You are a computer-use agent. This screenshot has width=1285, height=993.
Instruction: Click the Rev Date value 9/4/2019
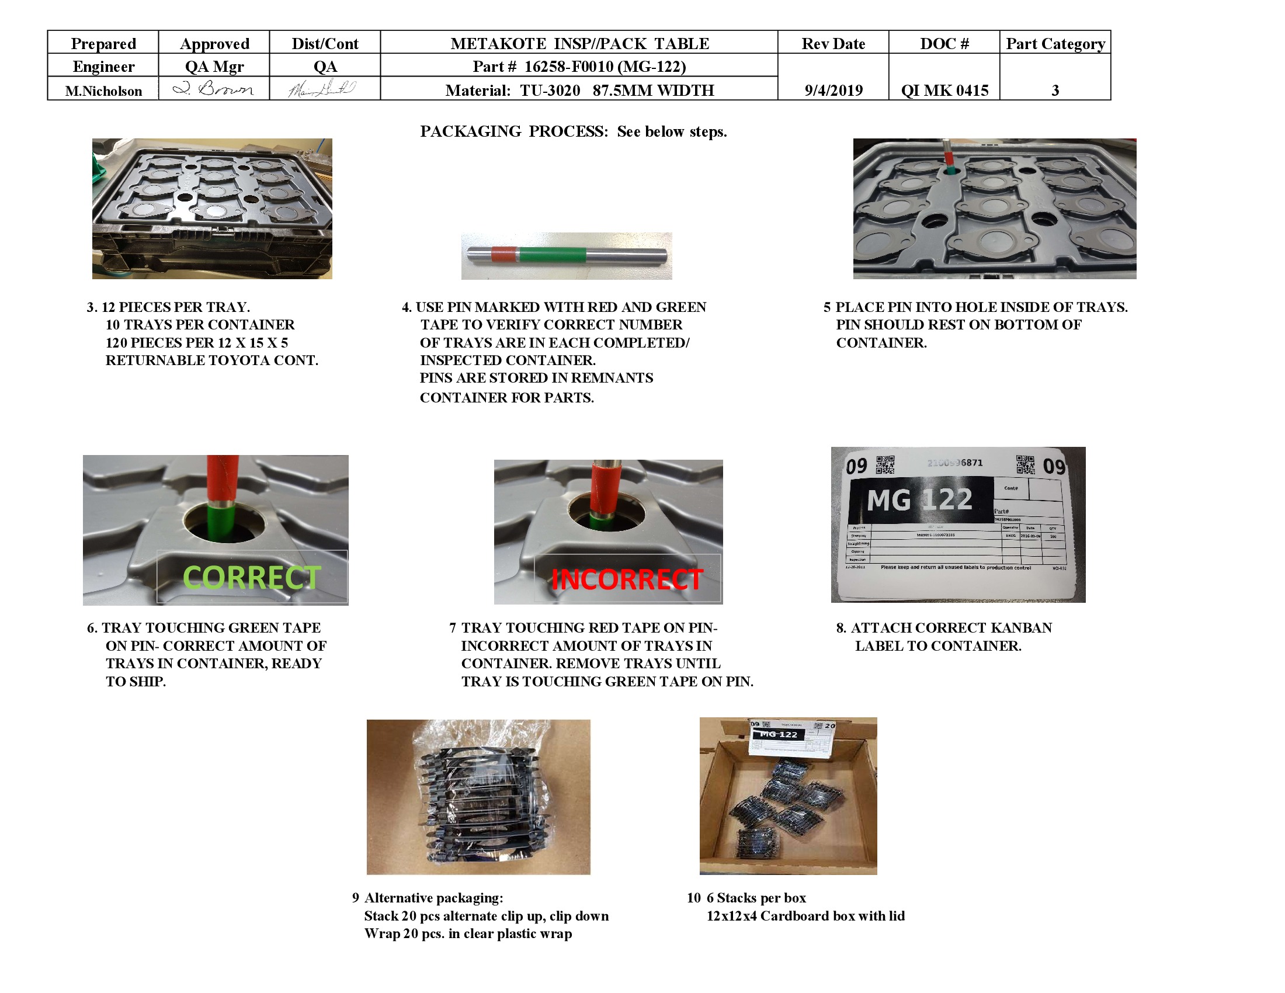pyautogui.click(x=833, y=90)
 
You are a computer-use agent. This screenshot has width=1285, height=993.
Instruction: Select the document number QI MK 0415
pyautogui.click(x=944, y=90)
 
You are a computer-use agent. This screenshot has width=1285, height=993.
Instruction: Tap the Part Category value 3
pyautogui.click(x=1055, y=90)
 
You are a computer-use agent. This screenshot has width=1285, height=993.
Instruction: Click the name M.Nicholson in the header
pyautogui.click(x=103, y=91)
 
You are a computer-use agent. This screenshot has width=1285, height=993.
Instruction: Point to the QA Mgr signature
pyautogui.click(x=214, y=89)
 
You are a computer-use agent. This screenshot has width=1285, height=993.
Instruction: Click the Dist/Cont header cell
pyautogui.click(x=325, y=44)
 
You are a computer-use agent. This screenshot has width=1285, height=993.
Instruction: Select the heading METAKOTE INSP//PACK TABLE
pyautogui.click(x=579, y=44)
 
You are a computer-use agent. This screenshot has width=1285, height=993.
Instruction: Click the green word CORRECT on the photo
pyautogui.click(x=252, y=578)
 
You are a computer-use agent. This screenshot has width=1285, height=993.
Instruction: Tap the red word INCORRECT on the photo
pyautogui.click(x=627, y=579)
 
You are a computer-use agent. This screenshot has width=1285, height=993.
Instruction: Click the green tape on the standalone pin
pyautogui.click(x=553, y=255)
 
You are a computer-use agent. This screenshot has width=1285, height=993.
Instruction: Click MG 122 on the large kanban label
pyautogui.click(x=919, y=500)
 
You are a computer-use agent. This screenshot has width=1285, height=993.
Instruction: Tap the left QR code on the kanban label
pyautogui.click(x=885, y=465)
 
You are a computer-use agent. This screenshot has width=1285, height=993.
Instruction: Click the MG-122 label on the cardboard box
pyautogui.click(x=778, y=735)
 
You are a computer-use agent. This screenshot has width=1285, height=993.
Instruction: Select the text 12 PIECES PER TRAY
pyautogui.click(x=175, y=307)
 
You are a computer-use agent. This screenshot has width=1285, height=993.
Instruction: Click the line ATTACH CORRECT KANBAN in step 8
pyautogui.click(x=951, y=628)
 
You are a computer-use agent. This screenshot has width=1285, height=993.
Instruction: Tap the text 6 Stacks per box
pyautogui.click(x=755, y=898)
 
